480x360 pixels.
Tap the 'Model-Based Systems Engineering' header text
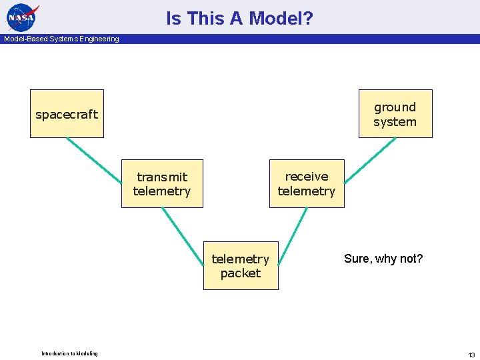61,39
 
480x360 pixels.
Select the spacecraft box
67,114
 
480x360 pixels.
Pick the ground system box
395,114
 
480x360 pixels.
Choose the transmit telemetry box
162,184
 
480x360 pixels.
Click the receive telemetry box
307,183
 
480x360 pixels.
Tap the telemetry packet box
241,265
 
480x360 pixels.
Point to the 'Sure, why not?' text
383,259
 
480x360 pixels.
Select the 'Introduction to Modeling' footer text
69,353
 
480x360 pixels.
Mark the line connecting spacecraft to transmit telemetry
94,161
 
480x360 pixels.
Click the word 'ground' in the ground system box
395,107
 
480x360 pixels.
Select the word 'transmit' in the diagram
162,177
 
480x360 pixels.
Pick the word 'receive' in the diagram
307,176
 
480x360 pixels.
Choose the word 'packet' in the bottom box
241,273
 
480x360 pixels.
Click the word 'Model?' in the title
281,19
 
